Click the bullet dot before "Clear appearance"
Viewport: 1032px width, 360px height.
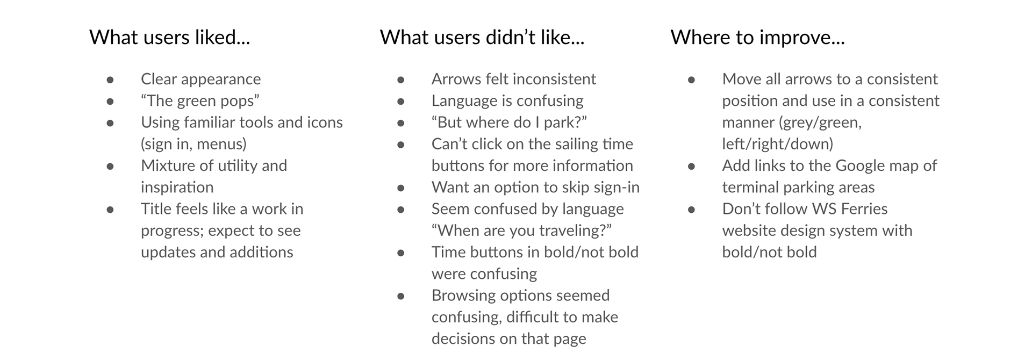point(110,80)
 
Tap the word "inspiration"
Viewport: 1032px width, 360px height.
point(177,187)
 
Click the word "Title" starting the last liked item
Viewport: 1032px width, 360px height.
point(156,208)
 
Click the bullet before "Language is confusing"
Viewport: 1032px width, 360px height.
point(400,101)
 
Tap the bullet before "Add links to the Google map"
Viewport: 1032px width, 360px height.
point(691,166)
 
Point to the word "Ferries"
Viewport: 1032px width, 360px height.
point(864,208)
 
